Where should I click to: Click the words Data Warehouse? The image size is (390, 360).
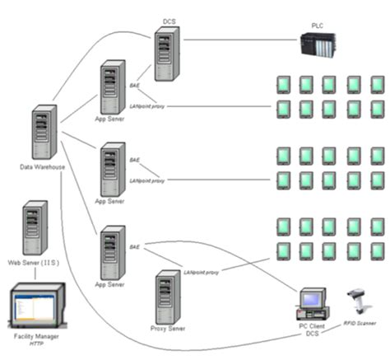point(43,167)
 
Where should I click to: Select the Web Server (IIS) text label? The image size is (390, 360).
point(33,262)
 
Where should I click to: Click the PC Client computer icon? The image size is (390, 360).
point(310,306)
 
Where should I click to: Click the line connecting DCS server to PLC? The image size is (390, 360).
point(239,39)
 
